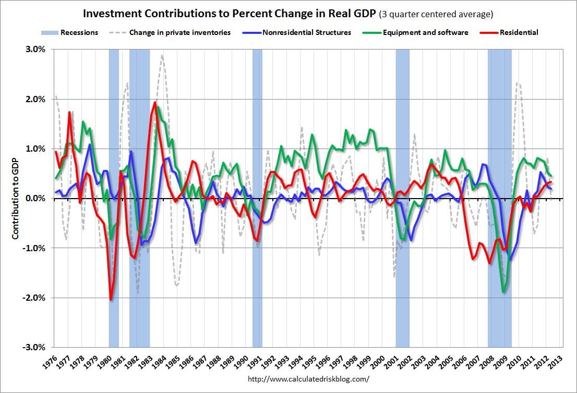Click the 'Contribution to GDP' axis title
coord(15,198)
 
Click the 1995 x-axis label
coord(312,361)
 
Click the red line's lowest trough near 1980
coord(111,299)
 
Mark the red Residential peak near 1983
coord(154,102)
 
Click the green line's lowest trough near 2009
coord(503,292)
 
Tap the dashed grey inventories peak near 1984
coord(163,55)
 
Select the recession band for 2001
coord(402,198)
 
